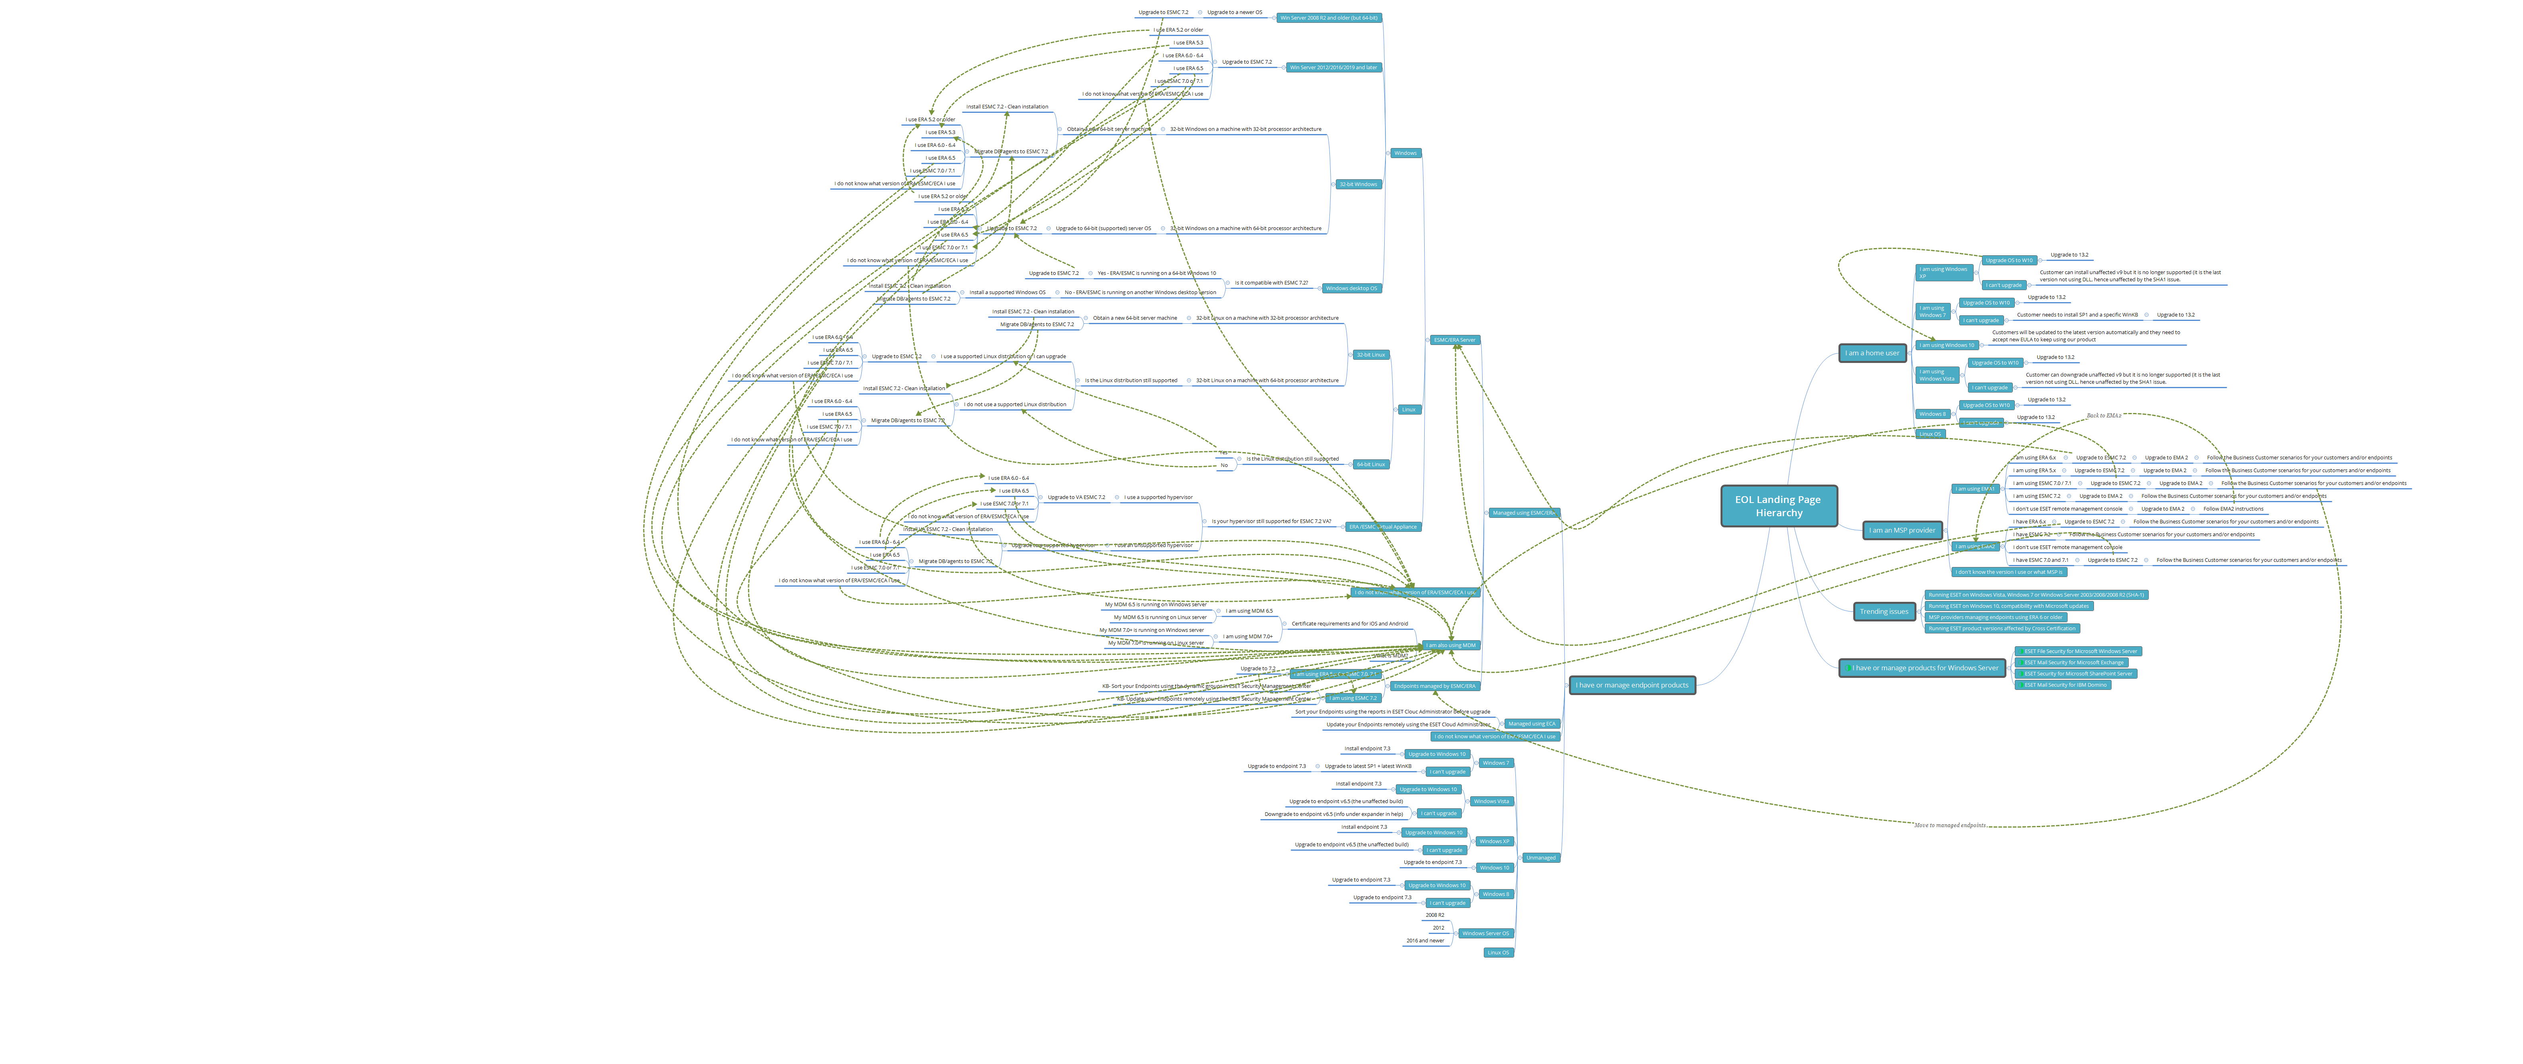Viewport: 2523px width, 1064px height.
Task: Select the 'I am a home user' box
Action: [1872, 353]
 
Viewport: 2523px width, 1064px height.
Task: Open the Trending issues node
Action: [1883, 611]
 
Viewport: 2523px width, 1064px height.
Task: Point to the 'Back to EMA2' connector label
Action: [2103, 415]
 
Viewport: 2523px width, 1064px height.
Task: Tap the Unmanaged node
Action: [1541, 857]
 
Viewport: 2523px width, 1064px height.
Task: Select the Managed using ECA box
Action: [1531, 723]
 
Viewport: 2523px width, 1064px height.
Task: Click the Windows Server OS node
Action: [1485, 933]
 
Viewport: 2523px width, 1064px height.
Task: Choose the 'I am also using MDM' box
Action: [1451, 645]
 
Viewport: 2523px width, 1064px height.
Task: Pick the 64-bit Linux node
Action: [1370, 465]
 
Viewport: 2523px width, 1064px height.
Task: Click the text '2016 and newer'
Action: [1425, 940]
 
